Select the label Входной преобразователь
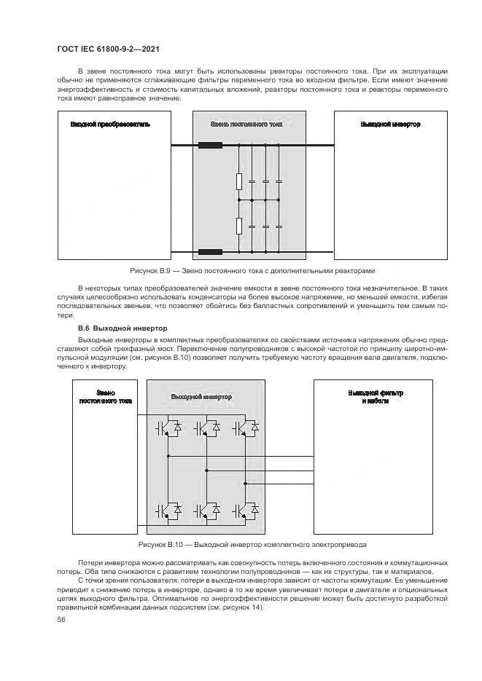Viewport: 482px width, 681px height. (110, 125)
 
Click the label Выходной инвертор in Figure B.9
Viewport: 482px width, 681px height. (390, 125)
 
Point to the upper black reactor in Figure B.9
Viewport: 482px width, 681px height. (211, 146)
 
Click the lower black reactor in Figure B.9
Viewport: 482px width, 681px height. (211, 253)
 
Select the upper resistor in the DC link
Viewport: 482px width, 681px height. (238, 181)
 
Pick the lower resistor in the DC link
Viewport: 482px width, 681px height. (238, 225)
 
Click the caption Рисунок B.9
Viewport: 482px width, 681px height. (252, 271)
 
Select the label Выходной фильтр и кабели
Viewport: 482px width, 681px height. (376, 397)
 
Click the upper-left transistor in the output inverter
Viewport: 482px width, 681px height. (167, 429)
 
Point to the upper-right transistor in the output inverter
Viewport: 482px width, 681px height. (246, 429)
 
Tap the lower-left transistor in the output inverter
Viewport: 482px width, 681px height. (167, 511)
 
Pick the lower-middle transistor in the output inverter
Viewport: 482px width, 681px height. (206, 511)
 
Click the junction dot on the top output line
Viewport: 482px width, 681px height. (168, 456)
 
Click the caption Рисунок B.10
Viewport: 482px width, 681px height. (252, 544)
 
